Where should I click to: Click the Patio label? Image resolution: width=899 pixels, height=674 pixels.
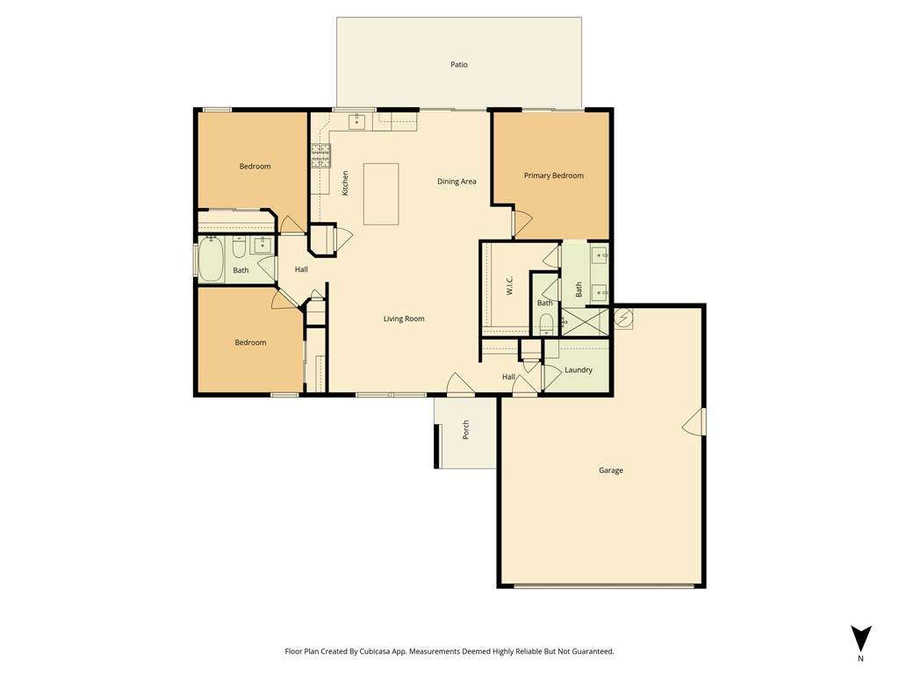pos(458,65)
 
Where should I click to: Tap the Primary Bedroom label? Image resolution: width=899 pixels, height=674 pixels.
pos(553,176)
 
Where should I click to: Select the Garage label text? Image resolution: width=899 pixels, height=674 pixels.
pos(611,470)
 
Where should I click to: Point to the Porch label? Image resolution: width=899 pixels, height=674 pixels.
pos(465,430)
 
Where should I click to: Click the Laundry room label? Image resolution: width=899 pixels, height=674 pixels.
pos(578,369)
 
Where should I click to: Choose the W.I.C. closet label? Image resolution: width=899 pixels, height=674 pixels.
pos(510,285)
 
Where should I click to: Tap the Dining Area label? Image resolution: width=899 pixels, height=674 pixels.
pos(457,181)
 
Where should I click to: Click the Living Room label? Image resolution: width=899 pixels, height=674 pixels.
pos(404,319)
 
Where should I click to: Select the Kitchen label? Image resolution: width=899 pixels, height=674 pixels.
pos(345,183)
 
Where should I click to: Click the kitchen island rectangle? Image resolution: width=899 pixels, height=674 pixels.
pos(381,194)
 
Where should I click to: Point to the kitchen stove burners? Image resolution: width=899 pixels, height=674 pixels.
pos(321,155)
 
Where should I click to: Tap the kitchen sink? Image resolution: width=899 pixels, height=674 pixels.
pos(356,121)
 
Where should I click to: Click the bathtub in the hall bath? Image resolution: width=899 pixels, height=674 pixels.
pos(211,260)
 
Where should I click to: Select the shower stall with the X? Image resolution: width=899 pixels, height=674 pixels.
pos(584,321)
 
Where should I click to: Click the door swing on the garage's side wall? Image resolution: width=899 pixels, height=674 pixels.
pos(694,422)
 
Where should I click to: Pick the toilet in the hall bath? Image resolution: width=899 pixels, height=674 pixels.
pos(239,247)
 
